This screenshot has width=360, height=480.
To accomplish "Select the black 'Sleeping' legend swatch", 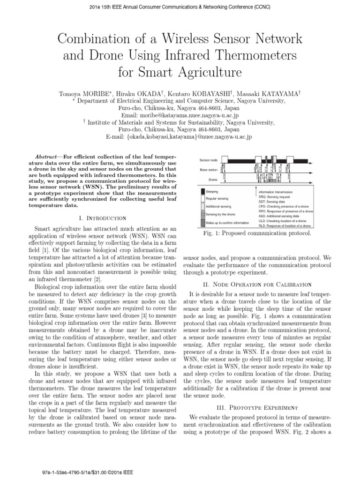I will point(202,192).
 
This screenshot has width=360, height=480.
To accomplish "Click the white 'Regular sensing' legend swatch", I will point(202,199).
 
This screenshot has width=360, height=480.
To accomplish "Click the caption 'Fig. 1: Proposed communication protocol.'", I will point(256,233).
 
